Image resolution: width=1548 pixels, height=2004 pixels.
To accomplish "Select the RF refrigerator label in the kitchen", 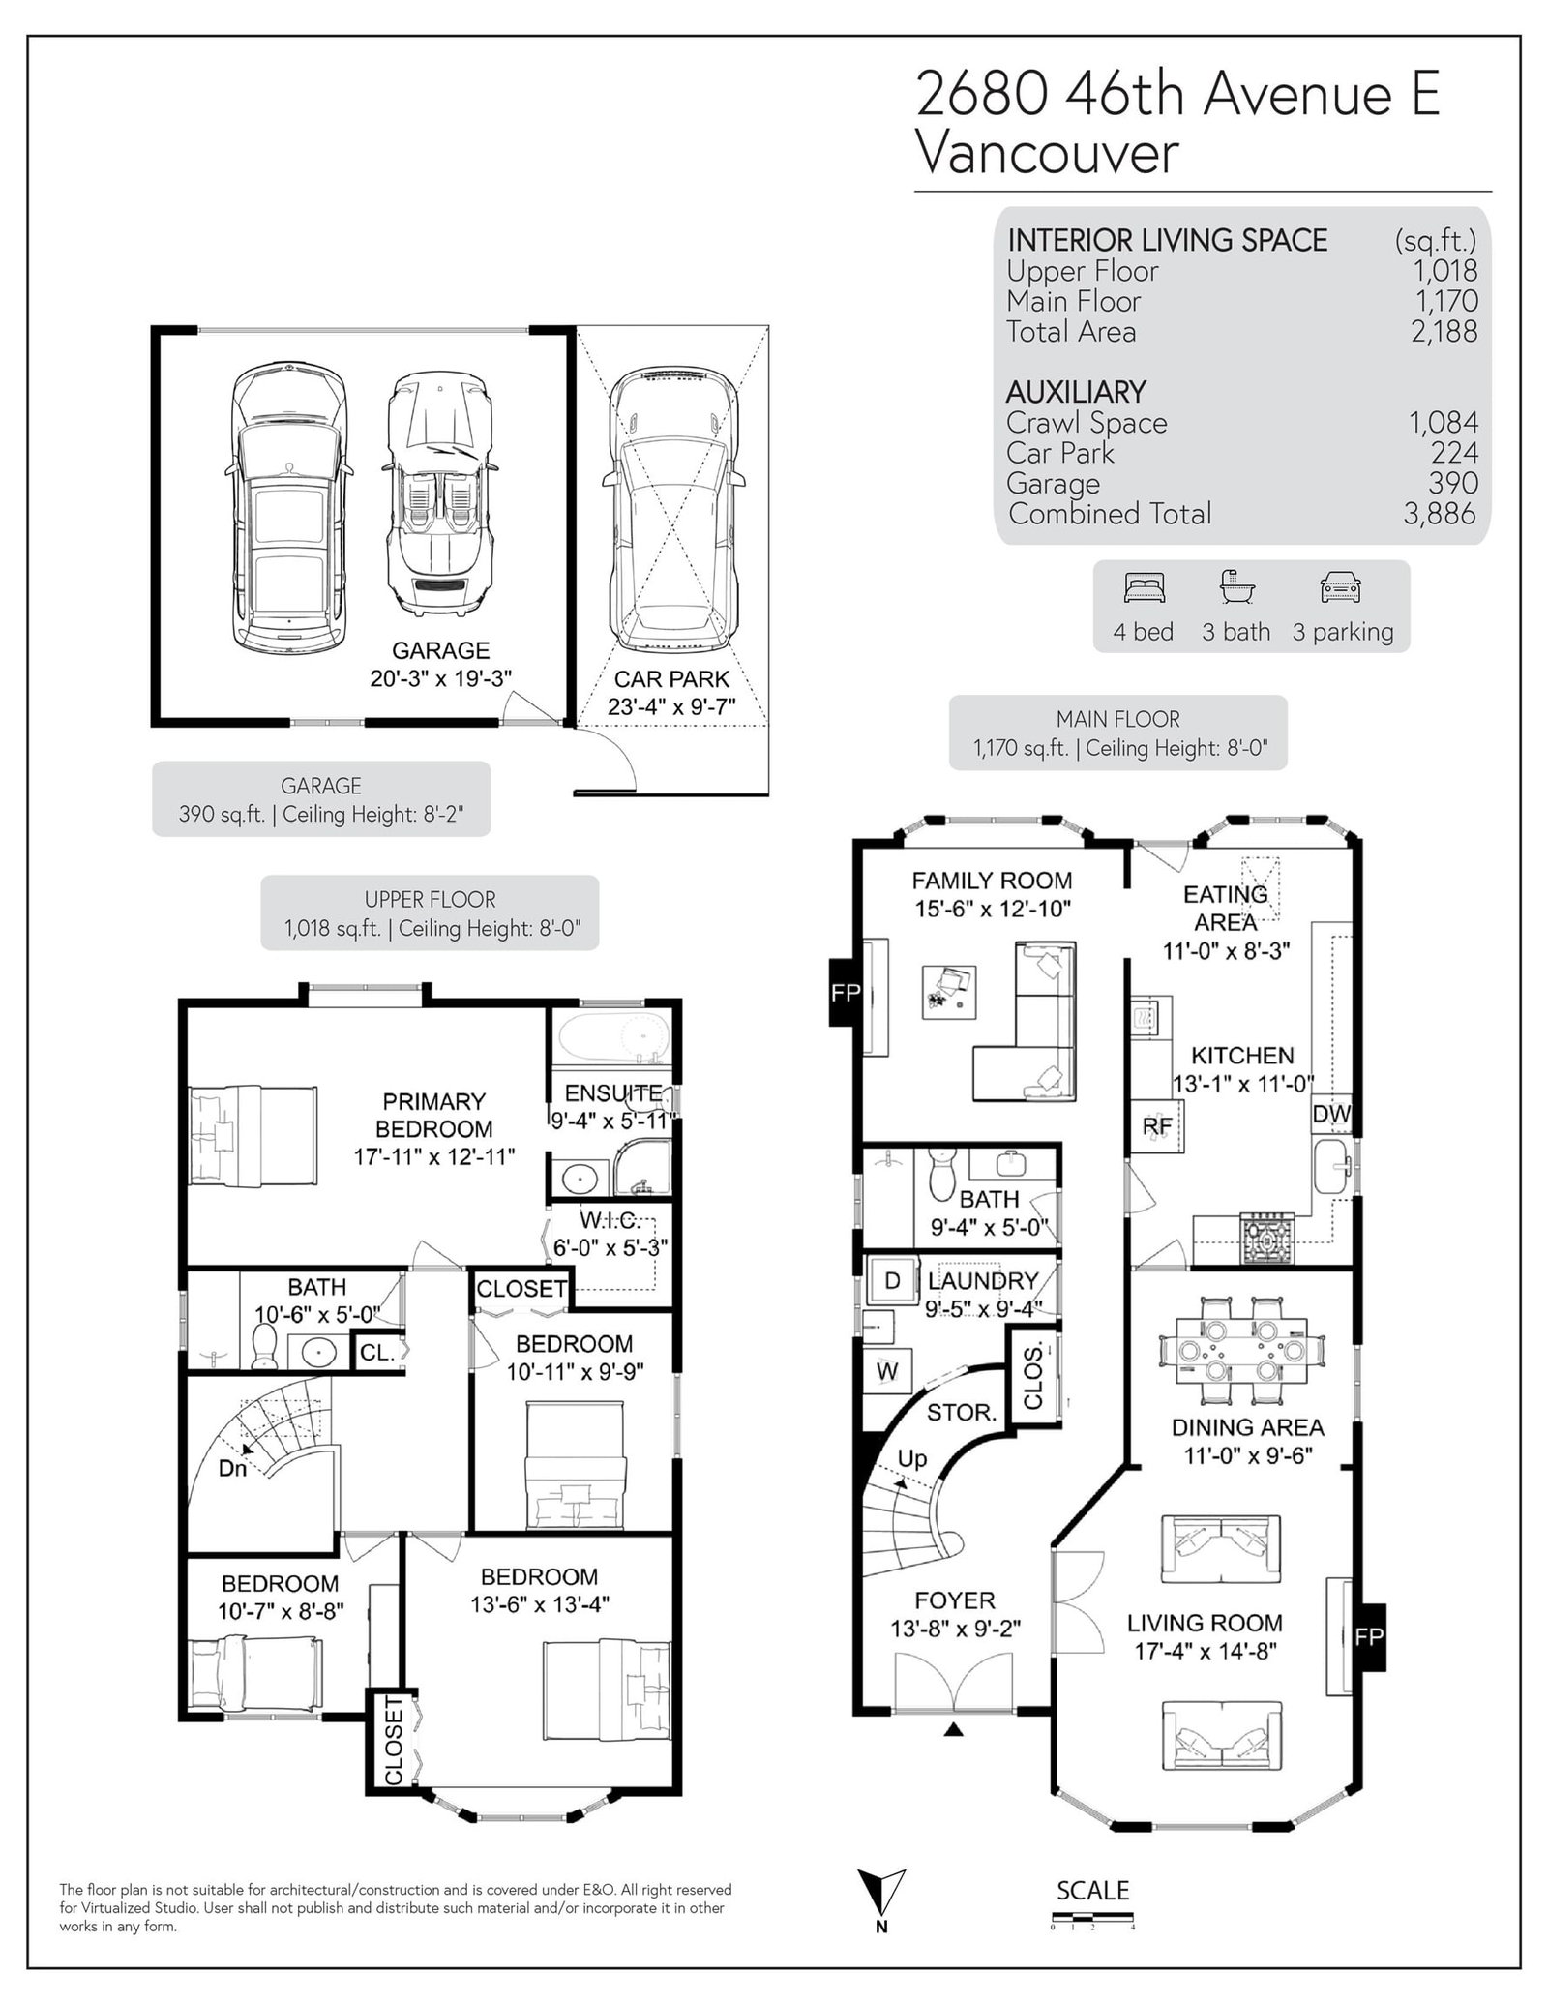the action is (1157, 1125).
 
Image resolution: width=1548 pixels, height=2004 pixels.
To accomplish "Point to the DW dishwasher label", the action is (1331, 1114).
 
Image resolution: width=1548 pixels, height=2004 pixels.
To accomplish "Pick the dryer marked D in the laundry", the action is (892, 1280).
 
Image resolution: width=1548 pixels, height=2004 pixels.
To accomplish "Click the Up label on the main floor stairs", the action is (912, 1459).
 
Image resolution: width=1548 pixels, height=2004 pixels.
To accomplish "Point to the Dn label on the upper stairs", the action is (232, 1468).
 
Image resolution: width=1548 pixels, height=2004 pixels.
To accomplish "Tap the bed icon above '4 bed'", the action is (1145, 587).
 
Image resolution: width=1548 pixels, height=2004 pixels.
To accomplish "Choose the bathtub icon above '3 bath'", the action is (1235, 587).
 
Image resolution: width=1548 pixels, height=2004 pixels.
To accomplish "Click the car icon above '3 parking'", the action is (1341, 587).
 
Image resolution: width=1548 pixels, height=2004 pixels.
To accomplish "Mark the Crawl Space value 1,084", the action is (1444, 423).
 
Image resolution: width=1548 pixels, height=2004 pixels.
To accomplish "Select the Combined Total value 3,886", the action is (1440, 514).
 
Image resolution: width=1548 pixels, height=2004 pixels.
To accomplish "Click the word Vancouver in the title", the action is (1048, 154).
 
